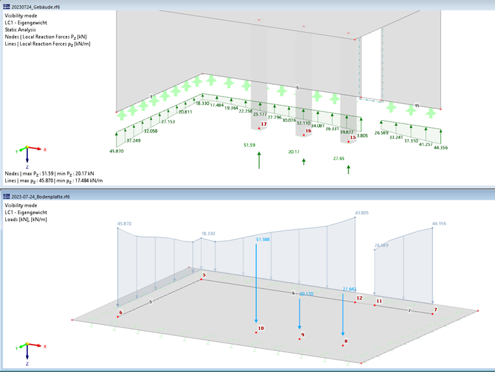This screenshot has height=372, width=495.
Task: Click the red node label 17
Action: (x=264, y=124)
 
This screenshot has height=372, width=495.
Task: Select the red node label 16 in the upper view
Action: (x=308, y=131)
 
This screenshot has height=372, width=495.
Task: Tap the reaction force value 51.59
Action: (x=249, y=145)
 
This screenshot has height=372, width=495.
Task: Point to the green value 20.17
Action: (x=294, y=151)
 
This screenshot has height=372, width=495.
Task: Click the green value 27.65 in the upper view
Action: (x=339, y=159)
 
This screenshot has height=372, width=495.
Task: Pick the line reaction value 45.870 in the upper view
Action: (x=117, y=151)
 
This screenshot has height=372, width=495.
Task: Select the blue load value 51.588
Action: (x=262, y=240)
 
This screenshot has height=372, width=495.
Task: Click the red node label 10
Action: (x=261, y=328)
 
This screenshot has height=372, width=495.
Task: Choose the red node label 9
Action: (x=303, y=335)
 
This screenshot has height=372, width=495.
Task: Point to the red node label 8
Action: (x=346, y=341)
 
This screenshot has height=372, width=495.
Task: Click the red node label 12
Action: (x=359, y=298)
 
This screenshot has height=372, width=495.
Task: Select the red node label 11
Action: (x=378, y=302)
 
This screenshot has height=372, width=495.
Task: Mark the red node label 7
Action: (x=436, y=309)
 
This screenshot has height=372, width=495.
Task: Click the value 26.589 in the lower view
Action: (x=384, y=246)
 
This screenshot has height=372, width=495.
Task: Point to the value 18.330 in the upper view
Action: (x=202, y=104)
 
